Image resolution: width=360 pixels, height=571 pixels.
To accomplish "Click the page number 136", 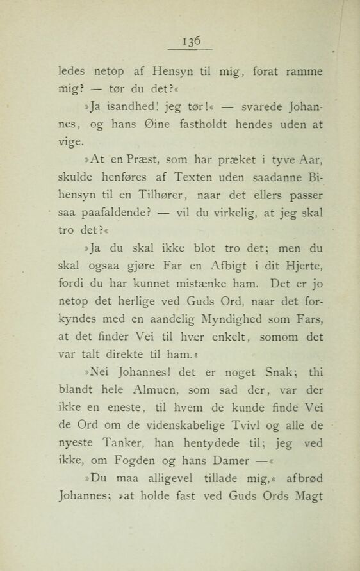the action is [190, 40].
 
